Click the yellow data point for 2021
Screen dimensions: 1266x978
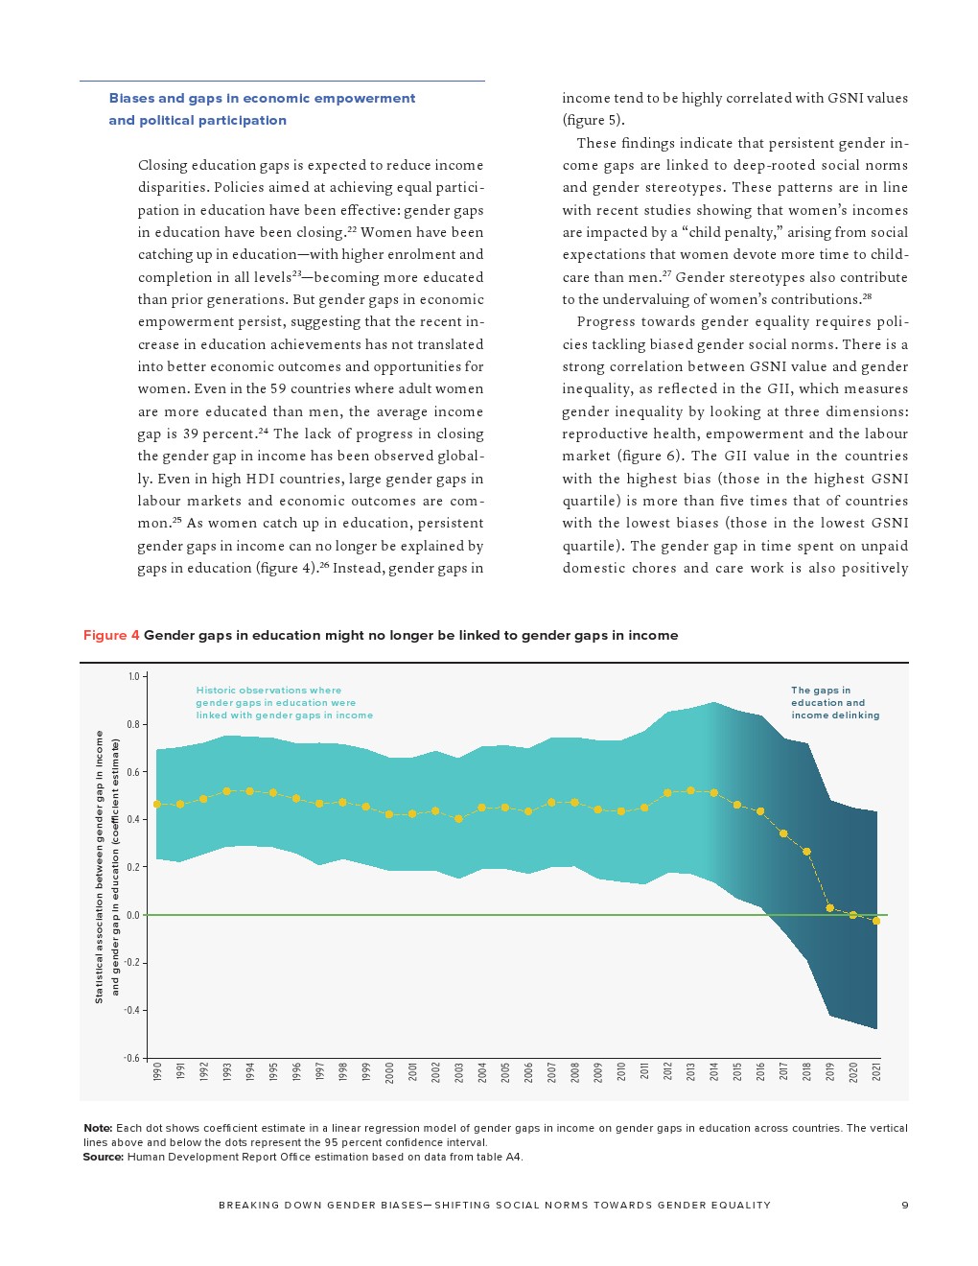(875, 921)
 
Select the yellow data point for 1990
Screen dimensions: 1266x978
(157, 804)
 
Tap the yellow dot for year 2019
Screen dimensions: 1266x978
(829, 907)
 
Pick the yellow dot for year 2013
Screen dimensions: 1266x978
(690, 790)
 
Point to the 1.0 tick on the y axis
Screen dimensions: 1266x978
(134, 676)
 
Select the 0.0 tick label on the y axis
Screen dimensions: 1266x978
(133, 915)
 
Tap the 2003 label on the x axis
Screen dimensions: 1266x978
(459, 1072)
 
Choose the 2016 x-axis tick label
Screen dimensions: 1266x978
(760, 1072)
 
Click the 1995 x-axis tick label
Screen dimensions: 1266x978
(273, 1072)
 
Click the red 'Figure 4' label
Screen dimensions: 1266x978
(111, 635)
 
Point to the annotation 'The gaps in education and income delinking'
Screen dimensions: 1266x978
(834, 703)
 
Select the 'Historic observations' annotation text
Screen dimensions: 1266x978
(284, 703)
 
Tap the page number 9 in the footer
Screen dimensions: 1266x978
(904, 1206)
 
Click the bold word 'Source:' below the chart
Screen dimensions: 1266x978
(103, 1157)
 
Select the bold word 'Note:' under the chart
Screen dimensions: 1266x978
(98, 1128)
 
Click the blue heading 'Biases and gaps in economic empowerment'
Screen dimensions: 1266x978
(262, 98)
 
